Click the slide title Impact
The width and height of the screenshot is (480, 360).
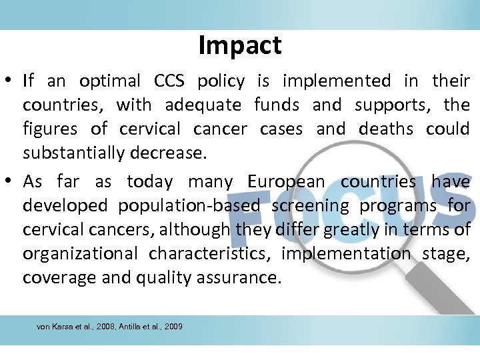pyautogui.click(x=240, y=45)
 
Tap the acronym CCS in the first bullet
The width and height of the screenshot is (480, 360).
pyautogui.click(x=171, y=81)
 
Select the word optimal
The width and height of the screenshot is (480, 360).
pyautogui.click(x=110, y=81)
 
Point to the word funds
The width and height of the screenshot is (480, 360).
pyautogui.click(x=277, y=105)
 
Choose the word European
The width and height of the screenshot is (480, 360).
pyautogui.click(x=287, y=181)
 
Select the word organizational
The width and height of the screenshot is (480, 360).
pyautogui.click(x=81, y=254)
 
